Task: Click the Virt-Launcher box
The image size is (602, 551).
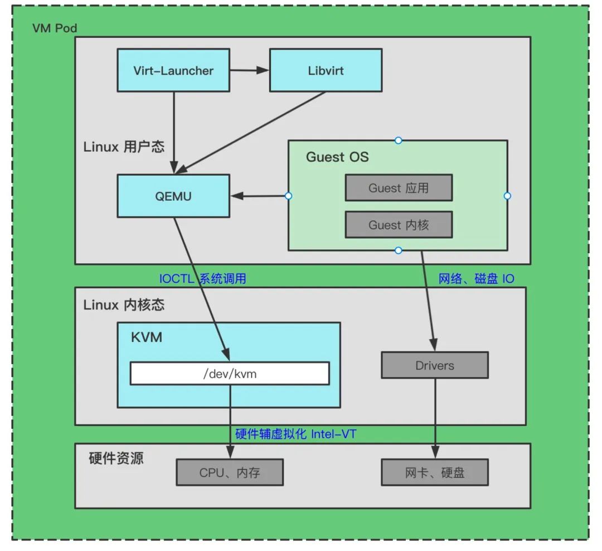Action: pyautogui.click(x=173, y=70)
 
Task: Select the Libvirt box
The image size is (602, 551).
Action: pyautogui.click(x=326, y=70)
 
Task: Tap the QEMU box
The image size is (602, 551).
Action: pyautogui.click(x=173, y=196)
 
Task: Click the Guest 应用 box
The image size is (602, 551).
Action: pyautogui.click(x=398, y=188)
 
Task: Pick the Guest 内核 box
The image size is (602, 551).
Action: pyautogui.click(x=398, y=225)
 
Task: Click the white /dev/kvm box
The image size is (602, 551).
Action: pyautogui.click(x=230, y=374)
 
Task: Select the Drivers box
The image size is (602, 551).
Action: pyautogui.click(x=434, y=366)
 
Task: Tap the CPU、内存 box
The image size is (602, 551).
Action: pyautogui.click(x=230, y=473)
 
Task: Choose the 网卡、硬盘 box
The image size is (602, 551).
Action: pyautogui.click(x=434, y=473)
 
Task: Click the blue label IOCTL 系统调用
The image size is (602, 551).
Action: pyautogui.click(x=203, y=278)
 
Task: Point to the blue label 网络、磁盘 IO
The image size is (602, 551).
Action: pyautogui.click(x=476, y=278)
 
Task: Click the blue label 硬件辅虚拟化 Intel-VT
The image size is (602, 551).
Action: pyautogui.click(x=295, y=434)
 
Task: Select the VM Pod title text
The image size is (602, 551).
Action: pyautogui.click(x=55, y=28)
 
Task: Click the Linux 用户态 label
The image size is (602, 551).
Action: pyautogui.click(x=124, y=147)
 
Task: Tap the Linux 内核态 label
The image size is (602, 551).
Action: pyautogui.click(x=124, y=304)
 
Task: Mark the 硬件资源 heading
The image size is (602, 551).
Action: pyautogui.click(x=116, y=458)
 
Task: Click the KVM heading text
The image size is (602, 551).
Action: pyautogui.click(x=146, y=337)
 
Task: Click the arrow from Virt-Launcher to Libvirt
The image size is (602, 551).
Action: pyautogui.click(x=249, y=70)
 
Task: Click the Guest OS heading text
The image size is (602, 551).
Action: pyautogui.click(x=337, y=157)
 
